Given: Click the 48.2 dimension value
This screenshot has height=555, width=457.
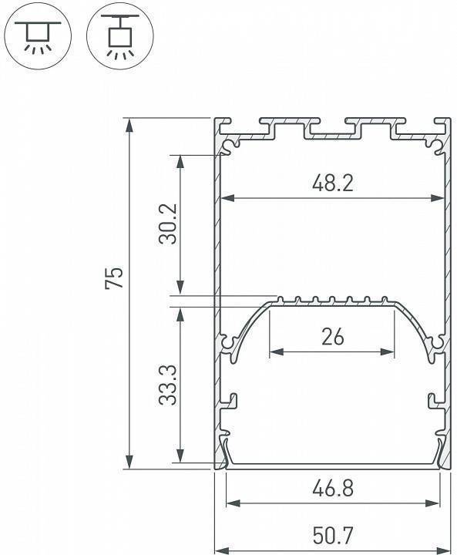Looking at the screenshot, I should (x=332, y=183).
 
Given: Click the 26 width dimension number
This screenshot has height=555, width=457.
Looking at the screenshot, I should (x=332, y=337).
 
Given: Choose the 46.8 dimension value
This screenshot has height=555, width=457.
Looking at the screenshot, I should (x=332, y=489).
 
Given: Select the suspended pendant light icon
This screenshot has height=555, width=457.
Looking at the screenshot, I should (x=118, y=35).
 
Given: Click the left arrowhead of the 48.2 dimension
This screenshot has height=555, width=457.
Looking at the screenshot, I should (x=226, y=198).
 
